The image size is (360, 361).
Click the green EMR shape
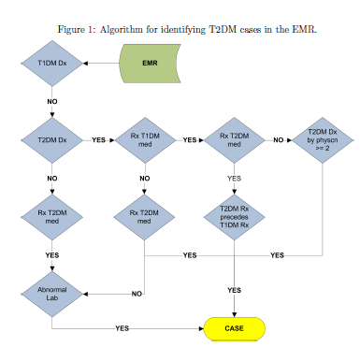150,64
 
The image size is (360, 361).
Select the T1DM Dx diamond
52,64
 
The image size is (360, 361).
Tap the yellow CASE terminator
235,328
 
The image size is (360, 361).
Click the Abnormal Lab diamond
52,294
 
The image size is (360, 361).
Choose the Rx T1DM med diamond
145,140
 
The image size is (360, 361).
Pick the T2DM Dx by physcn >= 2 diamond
323,140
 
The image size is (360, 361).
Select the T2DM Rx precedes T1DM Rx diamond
235,217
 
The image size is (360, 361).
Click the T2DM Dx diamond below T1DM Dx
52,140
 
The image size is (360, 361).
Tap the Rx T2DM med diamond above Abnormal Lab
52,217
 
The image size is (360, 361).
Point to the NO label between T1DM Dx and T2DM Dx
52,102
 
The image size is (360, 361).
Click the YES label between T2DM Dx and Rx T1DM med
98,140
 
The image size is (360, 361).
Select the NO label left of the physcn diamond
279,140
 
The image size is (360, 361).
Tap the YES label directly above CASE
234,290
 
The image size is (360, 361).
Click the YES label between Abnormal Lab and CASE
122,328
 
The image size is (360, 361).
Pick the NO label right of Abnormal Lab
137,294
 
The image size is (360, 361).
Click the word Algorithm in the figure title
122,30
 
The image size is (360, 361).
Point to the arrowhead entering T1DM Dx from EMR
86,64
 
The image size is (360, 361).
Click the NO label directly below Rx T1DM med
145,179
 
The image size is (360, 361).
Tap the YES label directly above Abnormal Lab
52,255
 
